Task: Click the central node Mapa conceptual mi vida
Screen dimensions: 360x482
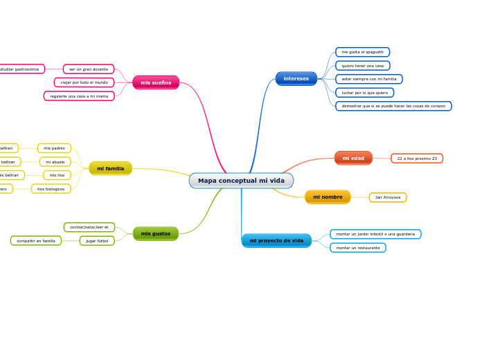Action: click(x=241, y=181)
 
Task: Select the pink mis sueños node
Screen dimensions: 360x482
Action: click(x=156, y=82)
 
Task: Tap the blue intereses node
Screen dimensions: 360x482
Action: click(x=296, y=78)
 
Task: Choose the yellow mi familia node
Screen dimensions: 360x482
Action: click(x=110, y=168)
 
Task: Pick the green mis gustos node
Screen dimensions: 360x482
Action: click(x=155, y=233)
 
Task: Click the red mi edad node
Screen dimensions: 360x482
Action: click(x=353, y=158)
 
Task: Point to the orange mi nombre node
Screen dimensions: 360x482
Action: click(x=328, y=197)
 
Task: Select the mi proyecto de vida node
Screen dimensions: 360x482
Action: click(x=276, y=240)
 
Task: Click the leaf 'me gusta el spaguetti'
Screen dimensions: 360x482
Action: click(x=362, y=52)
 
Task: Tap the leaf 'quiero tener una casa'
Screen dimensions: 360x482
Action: click(x=362, y=66)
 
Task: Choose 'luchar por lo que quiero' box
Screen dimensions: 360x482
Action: click(x=364, y=93)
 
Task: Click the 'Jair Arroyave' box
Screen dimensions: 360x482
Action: click(x=388, y=197)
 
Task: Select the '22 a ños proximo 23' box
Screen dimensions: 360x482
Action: click(x=417, y=159)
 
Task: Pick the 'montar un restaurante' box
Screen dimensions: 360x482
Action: click(x=358, y=247)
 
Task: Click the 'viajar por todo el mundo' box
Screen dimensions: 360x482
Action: click(x=84, y=82)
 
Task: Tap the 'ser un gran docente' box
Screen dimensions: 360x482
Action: click(x=89, y=69)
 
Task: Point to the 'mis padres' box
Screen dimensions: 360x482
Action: click(x=54, y=148)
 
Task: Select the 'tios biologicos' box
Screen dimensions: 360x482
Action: click(x=51, y=189)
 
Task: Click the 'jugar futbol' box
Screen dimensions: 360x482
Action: click(x=97, y=241)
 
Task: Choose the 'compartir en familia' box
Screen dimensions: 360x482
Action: click(x=36, y=241)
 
